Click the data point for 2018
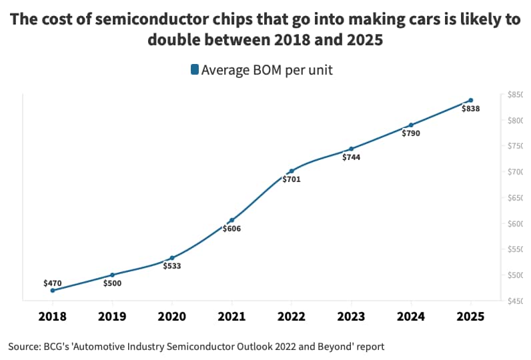point(52,290)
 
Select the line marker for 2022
point(292,171)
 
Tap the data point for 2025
point(471,100)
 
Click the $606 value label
point(231,229)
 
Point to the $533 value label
point(172,266)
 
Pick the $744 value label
point(352,157)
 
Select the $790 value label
point(411,133)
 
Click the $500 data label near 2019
point(112,283)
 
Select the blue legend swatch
point(194,69)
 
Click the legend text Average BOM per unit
point(267,69)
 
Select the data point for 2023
point(352,149)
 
